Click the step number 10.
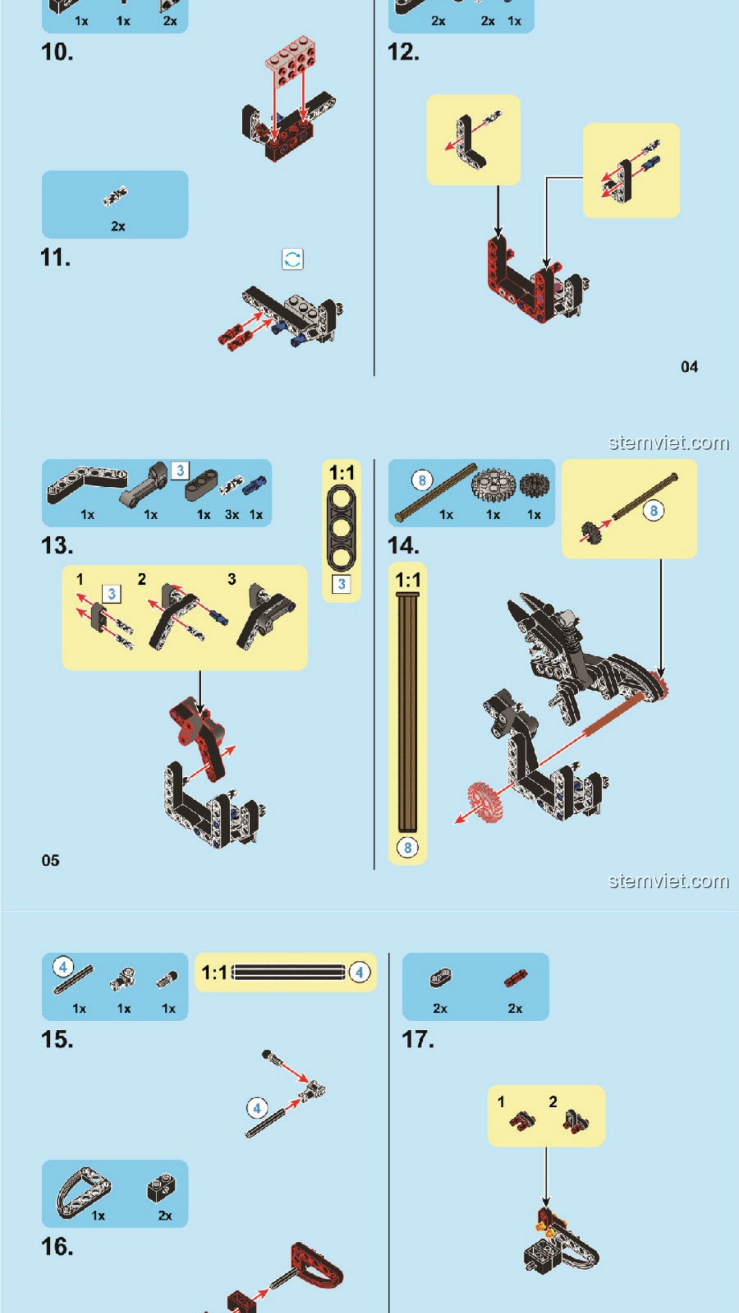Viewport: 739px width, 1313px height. pyautogui.click(x=57, y=53)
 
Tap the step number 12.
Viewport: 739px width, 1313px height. pyautogui.click(x=404, y=53)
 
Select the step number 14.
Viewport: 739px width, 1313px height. pyautogui.click(x=404, y=546)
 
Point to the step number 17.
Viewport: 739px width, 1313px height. pyautogui.click(x=418, y=1039)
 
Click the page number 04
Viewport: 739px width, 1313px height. pyautogui.click(x=689, y=367)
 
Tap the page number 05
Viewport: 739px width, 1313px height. pyautogui.click(x=51, y=860)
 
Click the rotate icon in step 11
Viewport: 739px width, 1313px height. pyautogui.click(x=292, y=259)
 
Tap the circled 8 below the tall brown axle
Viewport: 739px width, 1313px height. pyautogui.click(x=408, y=848)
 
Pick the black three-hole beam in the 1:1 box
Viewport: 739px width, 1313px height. pyautogui.click(x=341, y=528)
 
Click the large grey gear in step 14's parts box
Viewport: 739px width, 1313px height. pyautogui.click(x=493, y=484)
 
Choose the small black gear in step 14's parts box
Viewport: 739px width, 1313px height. pyautogui.click(x=534, y=485)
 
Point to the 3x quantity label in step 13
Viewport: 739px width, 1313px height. pyautogui.click(x=232, y=515)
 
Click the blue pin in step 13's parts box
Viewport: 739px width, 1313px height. pyautogui.click(x=255, y=486)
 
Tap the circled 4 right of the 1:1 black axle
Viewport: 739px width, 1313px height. pyautogui.click(x=360, y=972)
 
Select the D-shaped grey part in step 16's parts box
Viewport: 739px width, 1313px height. pyautogui.click(x=83, y=1192)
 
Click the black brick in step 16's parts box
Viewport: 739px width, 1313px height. pyautogui.click(x=161, y=1189)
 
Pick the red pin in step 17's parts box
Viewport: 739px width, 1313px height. pyautogui.click(x=516, y=979)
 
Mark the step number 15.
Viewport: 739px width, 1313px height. pyautogui.click(x=57, y=1039)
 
